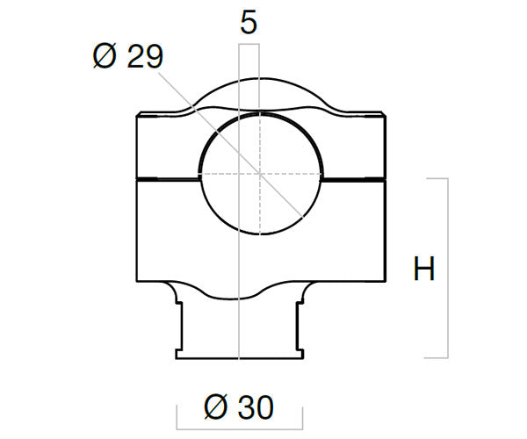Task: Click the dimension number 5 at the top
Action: pos(249,22)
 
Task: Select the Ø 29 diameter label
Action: pos(128,56)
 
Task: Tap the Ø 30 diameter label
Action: pos(239,407)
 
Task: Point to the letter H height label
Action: pos(424,268)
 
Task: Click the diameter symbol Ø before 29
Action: pos(105,56)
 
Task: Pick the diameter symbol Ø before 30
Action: pos(216,407)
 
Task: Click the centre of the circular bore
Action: pos(260,174)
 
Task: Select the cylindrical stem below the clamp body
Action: pos(239,326)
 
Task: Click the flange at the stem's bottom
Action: pos(240,355)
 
